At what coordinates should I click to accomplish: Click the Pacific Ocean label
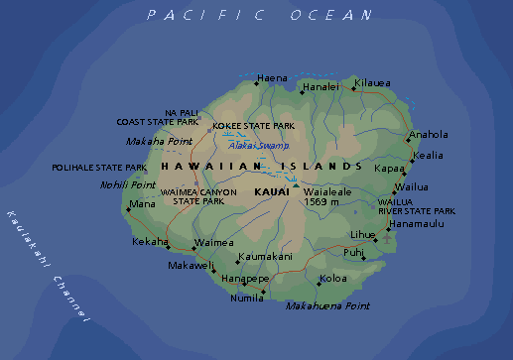pyautogui.click(x=259, y=15)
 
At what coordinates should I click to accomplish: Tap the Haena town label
pyautogui.click(x=272, y=77)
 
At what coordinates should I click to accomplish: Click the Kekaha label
pyautogui.click(x=150, y=241)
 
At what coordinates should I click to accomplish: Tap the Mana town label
pyautogui.click(x=143, y=204)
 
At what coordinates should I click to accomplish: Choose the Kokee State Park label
pyautogui.click(x=253, y=126)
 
